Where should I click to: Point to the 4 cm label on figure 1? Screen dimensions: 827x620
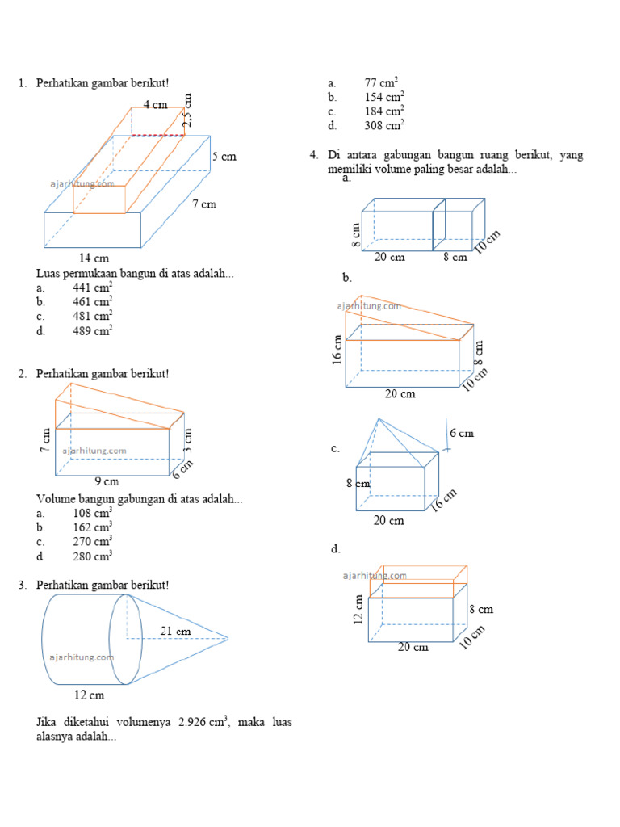pyautogui.click(x=155, y=104)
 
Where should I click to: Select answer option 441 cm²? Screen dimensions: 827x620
pyautogui.click(x=92, y=288)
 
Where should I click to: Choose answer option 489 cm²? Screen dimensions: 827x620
pyautogui.click(x=92, y=330)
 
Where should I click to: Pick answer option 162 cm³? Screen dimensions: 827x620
pyautogui.click(x=92, y=527)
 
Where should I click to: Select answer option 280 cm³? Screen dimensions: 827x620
pyautogui.click(x=92, y=556)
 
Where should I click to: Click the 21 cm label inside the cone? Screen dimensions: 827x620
pyautogui.click(x=175, y=631)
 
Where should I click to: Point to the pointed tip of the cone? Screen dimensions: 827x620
pyautogui.click(x=228, y=639)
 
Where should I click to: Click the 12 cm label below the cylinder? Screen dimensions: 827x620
pyautogui.click(x=89, y=695)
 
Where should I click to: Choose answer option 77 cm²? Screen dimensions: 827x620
pyautogui.click(x=383, y=82)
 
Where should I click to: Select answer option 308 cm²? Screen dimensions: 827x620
pyautogui.click(x=383, y=125)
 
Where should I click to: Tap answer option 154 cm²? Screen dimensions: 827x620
pyautogui.click(x=383, y=97)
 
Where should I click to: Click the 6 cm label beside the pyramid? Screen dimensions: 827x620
pyautogui.click(x=462, y=434)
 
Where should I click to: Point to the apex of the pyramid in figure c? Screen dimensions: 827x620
pyautogui.click(x=379, y=420)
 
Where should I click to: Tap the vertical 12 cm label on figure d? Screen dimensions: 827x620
pyautogui.click(x=359, y=610)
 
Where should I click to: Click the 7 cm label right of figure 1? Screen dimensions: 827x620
pyautogui.click(x=204, y=204)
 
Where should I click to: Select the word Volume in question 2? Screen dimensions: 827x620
pyautogui.click(x=54, y=499)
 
